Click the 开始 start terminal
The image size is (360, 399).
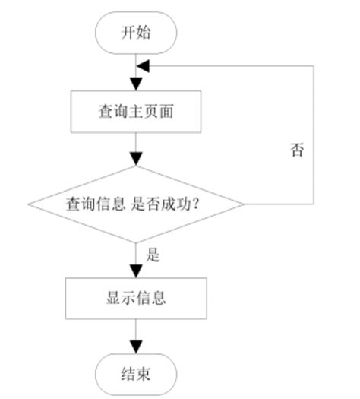pyautogui.click(x=137, y=33)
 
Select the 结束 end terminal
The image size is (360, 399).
pyautogui.click(x=137, y=375)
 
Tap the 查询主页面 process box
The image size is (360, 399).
pyautogui.click(x=137, y=111)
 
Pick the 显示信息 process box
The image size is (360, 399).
pyautogui.click(x=137, y=297)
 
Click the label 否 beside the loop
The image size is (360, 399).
pyautogui.click(x=297, y=149)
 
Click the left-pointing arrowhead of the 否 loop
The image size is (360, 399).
pyautogui.click(x=144, y=66)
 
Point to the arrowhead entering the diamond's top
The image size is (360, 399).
pyautogui.click(x=137, y=160)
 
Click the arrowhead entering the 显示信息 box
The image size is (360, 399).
pyautogui.click(x=137, y=271)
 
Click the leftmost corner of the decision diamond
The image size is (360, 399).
pyautogui.click(x=28, y=204)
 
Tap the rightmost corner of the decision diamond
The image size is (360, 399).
pyautogui.click(x=245, y=204)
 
